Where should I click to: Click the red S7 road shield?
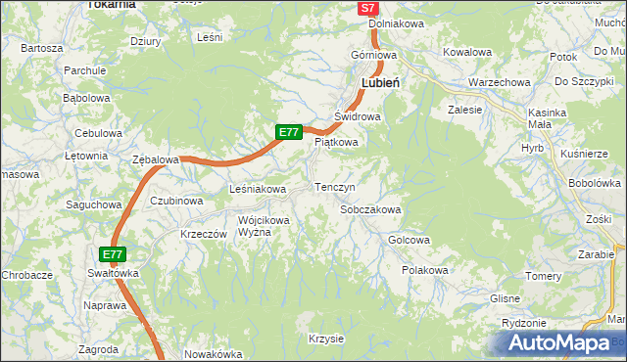tap(367, 8)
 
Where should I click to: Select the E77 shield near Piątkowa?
tap(287, 132)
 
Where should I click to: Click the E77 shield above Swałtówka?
tap(113, 254)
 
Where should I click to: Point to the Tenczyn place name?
tap(334, 186)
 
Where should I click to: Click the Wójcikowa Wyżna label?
tap(264, 227)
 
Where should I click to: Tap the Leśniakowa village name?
tap(257, 189)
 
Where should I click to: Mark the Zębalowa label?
tap(156, 159)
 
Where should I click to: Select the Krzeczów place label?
tap(204, 235)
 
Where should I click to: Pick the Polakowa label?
tap(425, 270)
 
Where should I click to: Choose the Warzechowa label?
tap(499, 83)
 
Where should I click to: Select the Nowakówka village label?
tap(213, 355)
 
